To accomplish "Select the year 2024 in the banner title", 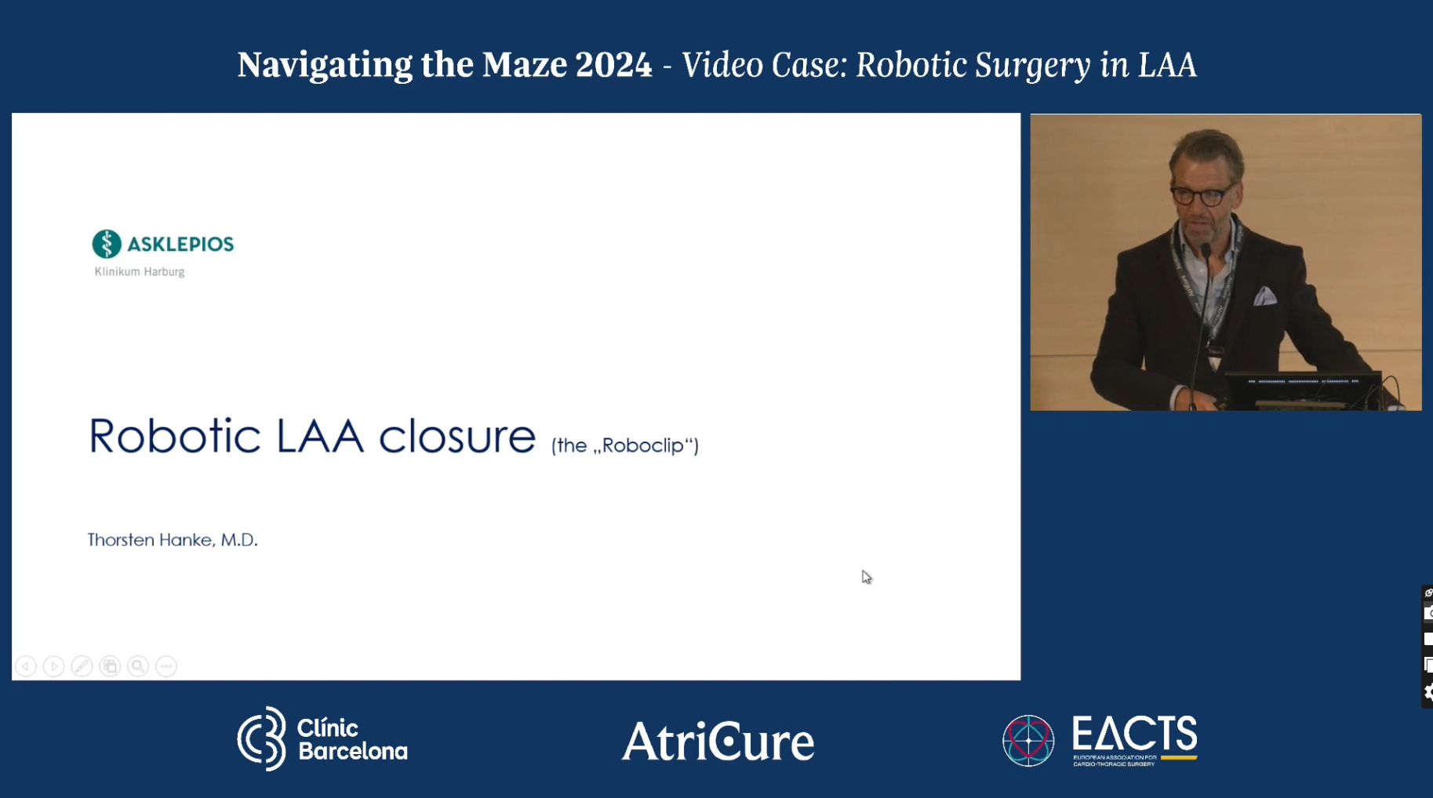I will click(613, 65).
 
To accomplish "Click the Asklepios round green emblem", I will click(107, 244).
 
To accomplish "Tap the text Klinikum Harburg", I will click(140, 272).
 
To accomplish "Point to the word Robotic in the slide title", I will click(174, 436).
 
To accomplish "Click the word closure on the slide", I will click(457, 436).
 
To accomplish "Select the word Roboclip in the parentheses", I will click(643, 445).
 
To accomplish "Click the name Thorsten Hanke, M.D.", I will click(173, 540).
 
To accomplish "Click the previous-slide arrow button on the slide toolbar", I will click(26, 666).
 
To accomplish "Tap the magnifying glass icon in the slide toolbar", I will click(138, 666).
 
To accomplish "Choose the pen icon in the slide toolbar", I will click(82, 666).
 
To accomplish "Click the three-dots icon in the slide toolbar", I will click(166, 666).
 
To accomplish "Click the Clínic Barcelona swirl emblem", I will click(262, 738).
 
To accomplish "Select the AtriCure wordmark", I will click(718, 742).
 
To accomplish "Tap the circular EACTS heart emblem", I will click(1028, 740).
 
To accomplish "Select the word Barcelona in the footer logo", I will click(353, 752).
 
